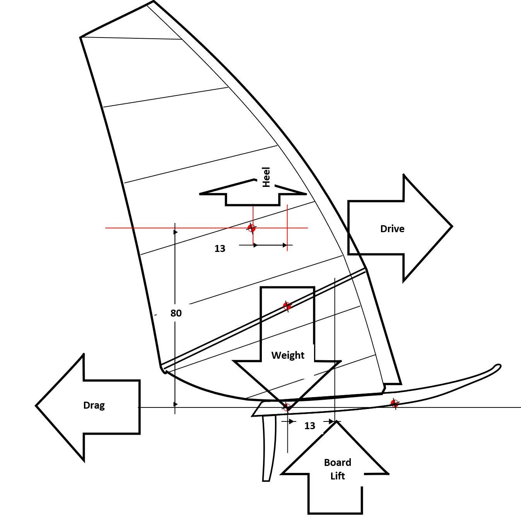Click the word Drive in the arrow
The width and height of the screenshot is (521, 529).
pos(392,229)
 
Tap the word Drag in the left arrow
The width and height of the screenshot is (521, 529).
pos(94,405)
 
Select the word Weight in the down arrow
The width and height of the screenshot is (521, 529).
pos(288,355)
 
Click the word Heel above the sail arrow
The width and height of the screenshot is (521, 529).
pos(266,177)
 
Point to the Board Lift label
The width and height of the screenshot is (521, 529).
pos(337,469)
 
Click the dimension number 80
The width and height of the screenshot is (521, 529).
pos(176,313)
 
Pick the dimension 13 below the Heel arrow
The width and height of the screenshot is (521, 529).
pos(220,248)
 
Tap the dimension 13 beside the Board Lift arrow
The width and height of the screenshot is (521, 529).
pos(309,426)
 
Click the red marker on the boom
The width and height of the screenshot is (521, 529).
pos(287,306)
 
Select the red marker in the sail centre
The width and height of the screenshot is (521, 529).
pos(251,228)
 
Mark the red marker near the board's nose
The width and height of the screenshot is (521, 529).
pos(394,404)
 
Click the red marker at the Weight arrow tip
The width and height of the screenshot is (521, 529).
pos(287,407)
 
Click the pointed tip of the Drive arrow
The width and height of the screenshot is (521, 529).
pos(451,226)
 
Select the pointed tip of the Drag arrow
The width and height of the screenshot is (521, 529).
pos(36,406)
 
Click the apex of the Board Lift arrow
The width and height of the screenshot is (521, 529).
pos(336,422)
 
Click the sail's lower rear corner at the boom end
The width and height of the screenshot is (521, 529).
pos(162,368)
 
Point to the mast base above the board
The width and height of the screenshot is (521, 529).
pos(384,389)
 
